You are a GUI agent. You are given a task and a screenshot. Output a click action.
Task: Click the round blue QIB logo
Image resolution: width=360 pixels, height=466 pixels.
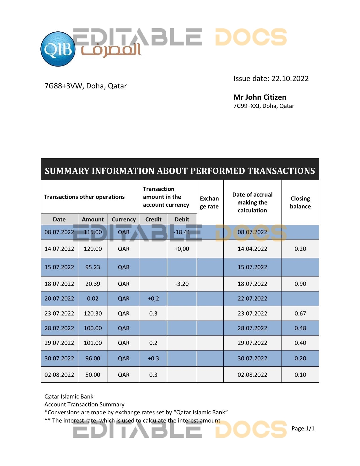58,49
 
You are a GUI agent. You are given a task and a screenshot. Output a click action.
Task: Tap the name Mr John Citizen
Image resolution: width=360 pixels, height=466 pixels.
260,97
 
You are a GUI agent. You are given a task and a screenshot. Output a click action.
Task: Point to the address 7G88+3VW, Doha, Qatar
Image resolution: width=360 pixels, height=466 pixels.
86,86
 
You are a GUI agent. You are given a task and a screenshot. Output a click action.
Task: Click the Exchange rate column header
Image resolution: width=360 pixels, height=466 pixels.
209,202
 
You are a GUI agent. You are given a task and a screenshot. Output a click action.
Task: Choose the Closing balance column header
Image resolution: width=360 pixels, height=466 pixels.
300,202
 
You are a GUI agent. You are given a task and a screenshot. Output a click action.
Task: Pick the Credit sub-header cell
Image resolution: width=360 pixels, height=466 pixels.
153,219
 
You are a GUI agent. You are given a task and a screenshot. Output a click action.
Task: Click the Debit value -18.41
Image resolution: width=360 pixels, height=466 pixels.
182,232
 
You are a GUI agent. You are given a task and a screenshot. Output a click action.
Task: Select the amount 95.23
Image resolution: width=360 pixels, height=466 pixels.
93,267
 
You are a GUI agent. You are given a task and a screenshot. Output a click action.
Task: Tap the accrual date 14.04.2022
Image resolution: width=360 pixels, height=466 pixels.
252,249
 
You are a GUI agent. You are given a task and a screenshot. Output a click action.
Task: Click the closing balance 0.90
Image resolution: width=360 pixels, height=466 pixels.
300,284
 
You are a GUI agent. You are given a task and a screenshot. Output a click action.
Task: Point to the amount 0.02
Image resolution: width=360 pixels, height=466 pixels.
93,299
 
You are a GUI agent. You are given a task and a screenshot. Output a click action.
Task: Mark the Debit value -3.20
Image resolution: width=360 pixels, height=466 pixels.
182,284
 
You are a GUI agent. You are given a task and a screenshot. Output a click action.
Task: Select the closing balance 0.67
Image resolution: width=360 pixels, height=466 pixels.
300,313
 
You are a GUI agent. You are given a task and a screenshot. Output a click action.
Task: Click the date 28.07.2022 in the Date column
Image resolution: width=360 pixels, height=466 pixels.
59,328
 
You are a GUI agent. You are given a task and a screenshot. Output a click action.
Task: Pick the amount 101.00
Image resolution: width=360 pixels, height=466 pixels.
93,343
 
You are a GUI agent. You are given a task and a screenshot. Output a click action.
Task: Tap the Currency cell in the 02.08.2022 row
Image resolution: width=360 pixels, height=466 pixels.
124,375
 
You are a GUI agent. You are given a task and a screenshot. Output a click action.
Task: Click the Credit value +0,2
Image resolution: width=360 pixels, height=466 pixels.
153,299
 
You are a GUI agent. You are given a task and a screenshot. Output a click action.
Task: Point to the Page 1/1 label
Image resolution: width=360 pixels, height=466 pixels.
303,428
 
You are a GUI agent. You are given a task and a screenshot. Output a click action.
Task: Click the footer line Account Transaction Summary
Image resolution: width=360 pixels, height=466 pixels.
84,404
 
